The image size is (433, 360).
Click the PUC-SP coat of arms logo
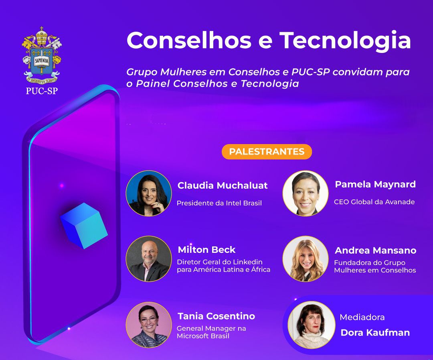(42, 55)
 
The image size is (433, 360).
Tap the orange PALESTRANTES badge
(267, 152)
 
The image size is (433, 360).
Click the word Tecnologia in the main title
(346, 41)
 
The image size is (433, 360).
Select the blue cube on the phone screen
(84, 226)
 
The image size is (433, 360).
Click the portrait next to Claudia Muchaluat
(149, 193)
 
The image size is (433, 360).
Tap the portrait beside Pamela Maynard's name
(306, 193)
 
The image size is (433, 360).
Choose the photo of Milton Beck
(149, 259)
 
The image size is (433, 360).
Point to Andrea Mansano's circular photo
(306, 259)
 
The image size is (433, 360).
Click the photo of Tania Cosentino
(149, 325)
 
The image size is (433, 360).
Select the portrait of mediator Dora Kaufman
(310, 325)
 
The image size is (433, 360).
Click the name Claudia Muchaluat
(223, 185)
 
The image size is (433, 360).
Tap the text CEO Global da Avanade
(374, 202)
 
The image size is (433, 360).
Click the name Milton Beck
(206, 250)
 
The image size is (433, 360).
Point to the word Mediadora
(362, 317)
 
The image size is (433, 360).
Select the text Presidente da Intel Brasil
(219, 203)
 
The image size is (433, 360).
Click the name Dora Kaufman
(375, 332)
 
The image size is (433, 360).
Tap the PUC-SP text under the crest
(42, 91)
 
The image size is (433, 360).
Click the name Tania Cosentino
(216, 316)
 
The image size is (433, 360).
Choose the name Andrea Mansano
(376, 250)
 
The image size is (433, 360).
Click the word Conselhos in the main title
(189, 41)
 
